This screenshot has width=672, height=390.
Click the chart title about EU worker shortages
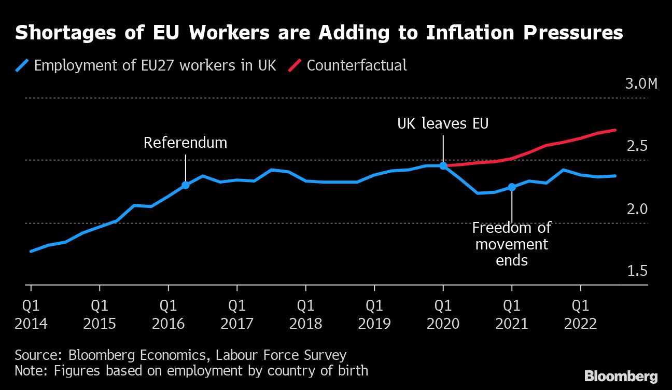click(318, 33)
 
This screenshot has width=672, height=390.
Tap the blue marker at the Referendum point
click(185, 185)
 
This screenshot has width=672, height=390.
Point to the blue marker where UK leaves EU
click(443, 165)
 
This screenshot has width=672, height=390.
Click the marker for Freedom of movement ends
click(512, 187)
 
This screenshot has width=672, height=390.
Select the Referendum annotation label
click(185, 143)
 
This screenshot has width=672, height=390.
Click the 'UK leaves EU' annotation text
click(443, 124)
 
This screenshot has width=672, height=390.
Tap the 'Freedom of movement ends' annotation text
click(512, 244)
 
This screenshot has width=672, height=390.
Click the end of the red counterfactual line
click(615, 130)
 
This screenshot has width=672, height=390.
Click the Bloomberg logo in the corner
click(621, 377)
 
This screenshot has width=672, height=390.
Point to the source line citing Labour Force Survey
click(180, 355)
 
